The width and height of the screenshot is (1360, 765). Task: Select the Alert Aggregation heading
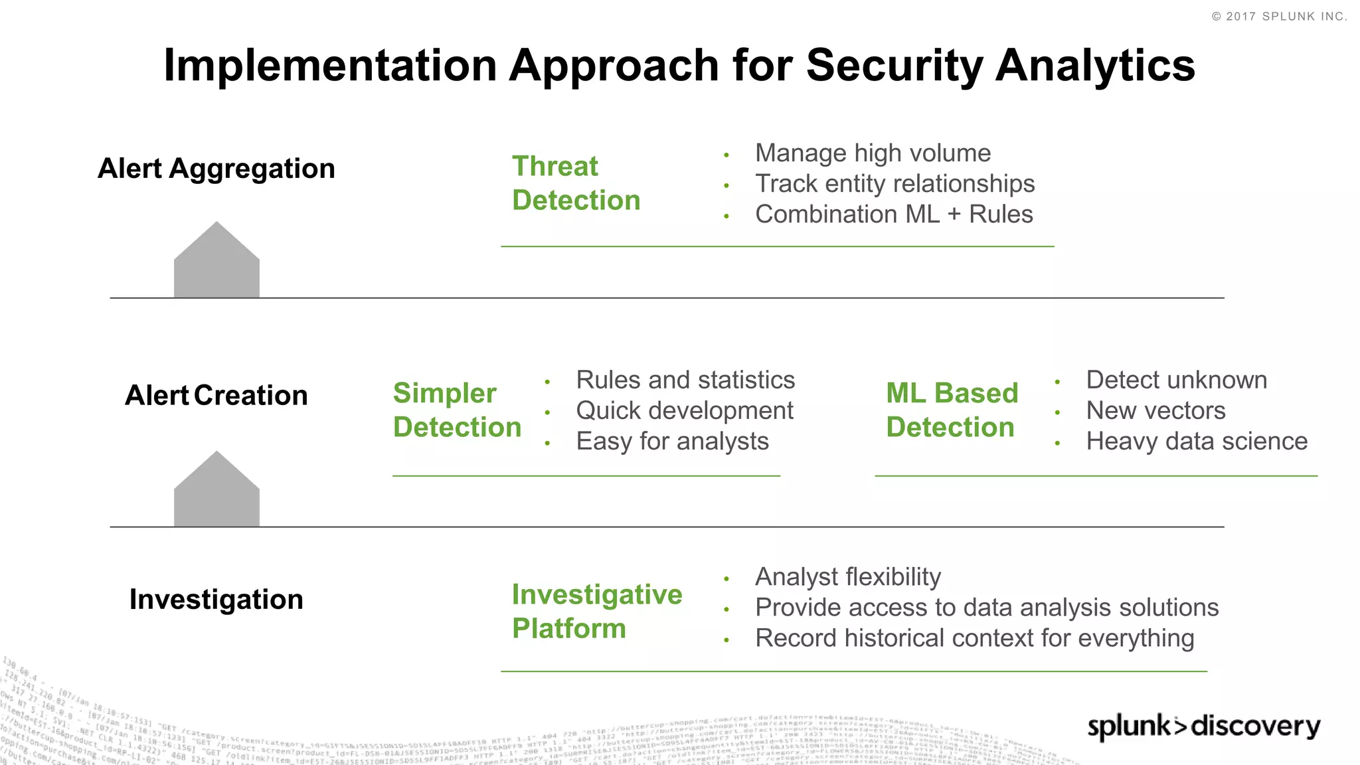click(x=216, y=169)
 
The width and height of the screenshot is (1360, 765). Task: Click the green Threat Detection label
click(x=576, y=183)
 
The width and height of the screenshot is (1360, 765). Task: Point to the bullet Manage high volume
click(x=873, y=153)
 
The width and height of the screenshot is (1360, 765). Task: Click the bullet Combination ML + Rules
click(x=894, y=214)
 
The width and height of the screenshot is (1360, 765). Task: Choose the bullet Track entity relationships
click(x=894, y=184)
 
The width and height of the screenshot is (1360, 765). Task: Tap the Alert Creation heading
click(x=216, y=396)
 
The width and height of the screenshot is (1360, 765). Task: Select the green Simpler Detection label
click(x=457, y=410)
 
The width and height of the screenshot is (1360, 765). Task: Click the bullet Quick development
click(x=685, y=411)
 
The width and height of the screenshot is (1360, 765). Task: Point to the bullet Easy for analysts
click(x=672, y=442)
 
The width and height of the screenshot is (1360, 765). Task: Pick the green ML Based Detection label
click(x=952, y=410)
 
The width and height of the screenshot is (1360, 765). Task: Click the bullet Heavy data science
click(x=1197, y=442)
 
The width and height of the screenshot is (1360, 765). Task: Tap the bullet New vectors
click(x=1155, y=411)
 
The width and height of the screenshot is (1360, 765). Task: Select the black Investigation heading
click(x=216, y=600)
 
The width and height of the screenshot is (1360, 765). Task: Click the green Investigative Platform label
click(x=596, y=612)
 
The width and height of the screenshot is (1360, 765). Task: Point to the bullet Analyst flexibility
click(x=848, y=577)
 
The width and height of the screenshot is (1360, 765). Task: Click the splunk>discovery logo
click(x=1203, y=726)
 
